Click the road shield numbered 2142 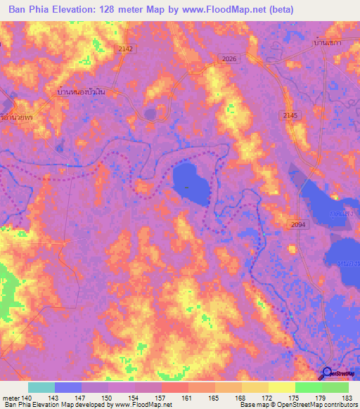click(x=125, y=48)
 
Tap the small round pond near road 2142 click(x=150, y=114)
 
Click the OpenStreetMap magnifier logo click(x=328, y=373)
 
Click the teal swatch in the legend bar click(x=41, y=387)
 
